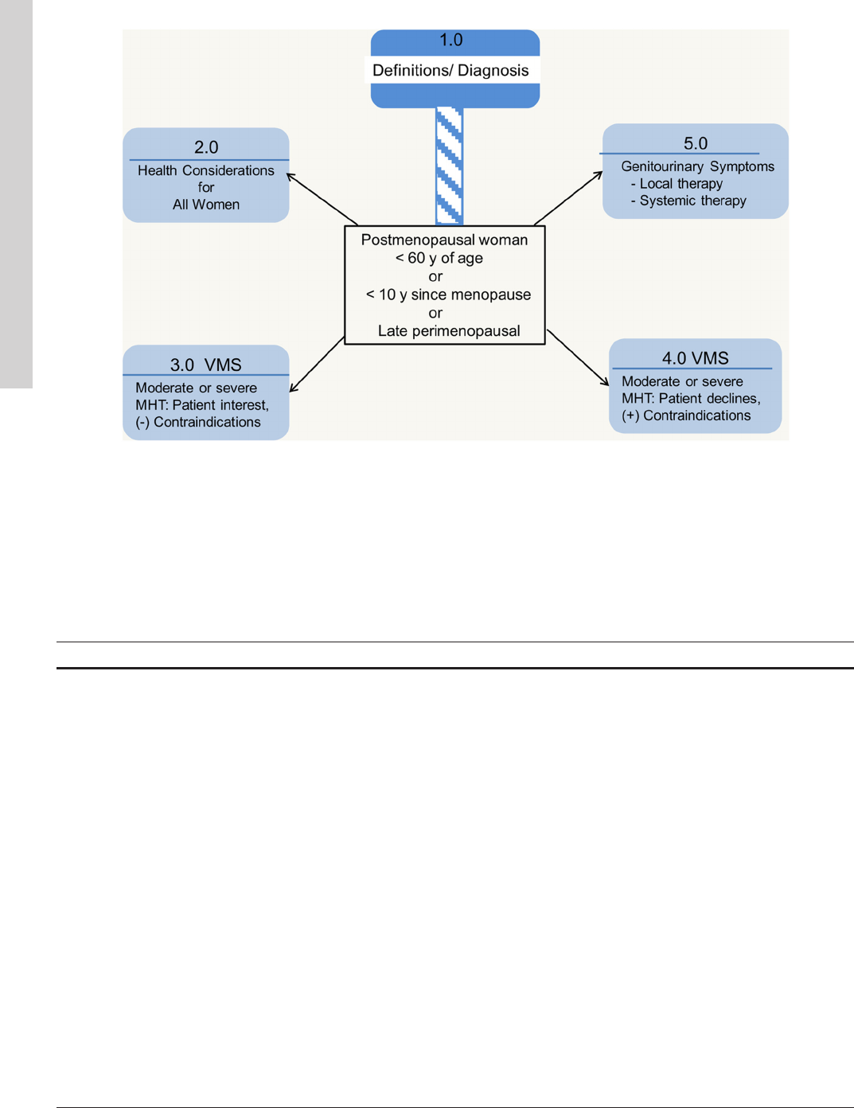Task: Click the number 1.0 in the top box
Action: [x=450, y=40]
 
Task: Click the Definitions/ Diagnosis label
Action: [x=450, y=70]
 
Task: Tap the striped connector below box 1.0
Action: [x=450, y=166]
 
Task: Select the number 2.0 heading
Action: [x=206, y=147]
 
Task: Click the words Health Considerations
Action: [x=205, y=170]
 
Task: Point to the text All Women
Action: [x=206, y=205]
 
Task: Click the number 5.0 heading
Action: [x=696, y=143]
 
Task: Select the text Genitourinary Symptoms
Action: [x=697, y=166]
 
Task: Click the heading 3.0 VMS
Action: [x=205, y=365]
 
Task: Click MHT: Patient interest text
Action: [x=202, y=405]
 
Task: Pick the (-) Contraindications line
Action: [x=198, y=422]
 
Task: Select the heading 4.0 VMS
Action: [x=695, y=358]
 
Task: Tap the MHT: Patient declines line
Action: [x=691, y=399]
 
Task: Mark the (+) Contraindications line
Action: [x=686, y=416]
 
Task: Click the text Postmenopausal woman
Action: [x=444, y=240]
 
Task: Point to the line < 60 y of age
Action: [x=439, y=258]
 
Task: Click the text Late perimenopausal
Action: [x=449, y=331]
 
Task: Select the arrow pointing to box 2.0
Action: [x=322, y=199]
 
